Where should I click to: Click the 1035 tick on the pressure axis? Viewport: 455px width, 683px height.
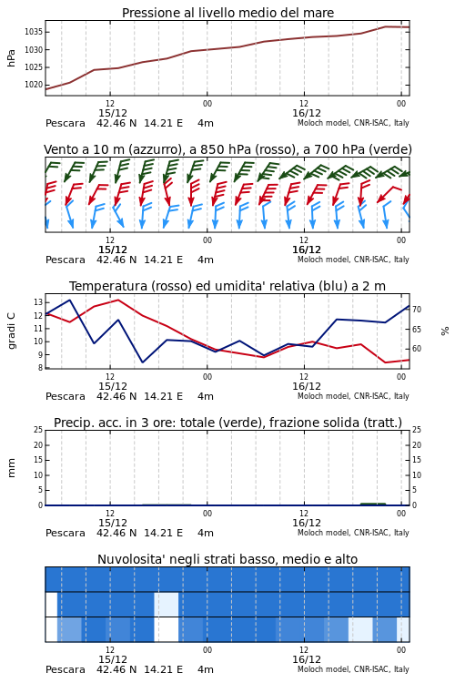pos(33,32)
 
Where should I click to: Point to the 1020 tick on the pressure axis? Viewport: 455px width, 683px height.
pos(33,85)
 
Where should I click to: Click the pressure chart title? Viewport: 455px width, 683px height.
pos(227,13)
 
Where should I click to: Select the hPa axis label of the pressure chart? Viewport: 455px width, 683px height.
pos(11,58)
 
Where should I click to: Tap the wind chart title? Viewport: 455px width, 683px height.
pos(227,150)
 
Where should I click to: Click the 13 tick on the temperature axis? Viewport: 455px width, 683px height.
pos(38,302)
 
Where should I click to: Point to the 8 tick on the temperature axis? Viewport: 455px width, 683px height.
pos(40,368)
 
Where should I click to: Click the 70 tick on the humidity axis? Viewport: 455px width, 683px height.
pos(417,310)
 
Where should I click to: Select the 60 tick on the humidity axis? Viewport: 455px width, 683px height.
pos(417,349)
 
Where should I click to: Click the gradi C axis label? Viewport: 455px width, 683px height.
pos(12,331)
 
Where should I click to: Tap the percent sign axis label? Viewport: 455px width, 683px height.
pos(445,331)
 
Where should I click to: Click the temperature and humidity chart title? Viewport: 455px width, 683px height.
pos(227,286)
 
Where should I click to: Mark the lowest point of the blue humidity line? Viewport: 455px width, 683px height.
pos(142,362)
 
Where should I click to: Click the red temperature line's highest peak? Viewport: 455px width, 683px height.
pos(118,300)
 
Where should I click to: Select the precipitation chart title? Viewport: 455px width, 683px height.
pos(227,423)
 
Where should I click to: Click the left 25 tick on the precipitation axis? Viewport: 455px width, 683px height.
pos(38,430)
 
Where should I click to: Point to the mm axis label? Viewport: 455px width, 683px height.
pos(12,468)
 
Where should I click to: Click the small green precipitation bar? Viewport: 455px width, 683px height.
pos(373,504)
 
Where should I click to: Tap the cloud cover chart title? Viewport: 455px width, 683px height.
pos(227,559)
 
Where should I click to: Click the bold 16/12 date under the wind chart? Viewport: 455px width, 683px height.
pos(307,250)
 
